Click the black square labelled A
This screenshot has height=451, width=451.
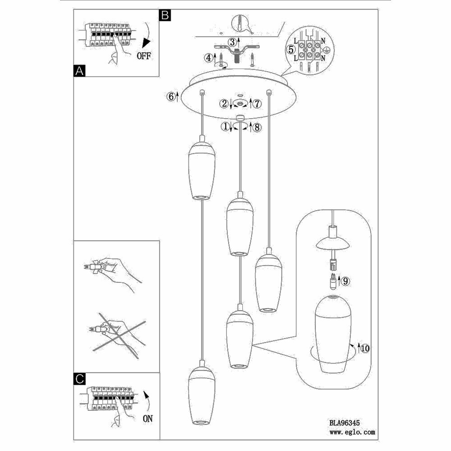pyautogui.click(x=79, y=71)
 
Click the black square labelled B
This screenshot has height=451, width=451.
pyautogui.click(x=165, y=15)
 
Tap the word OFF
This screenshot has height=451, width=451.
pyautogui.click(x=144, y=56)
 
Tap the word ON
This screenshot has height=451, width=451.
pyautogui.click(x=147, y=419)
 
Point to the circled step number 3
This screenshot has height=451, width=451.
pyautogui.click(x=232, y=42)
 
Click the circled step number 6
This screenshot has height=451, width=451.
pyautogui.click(x=170, y=96)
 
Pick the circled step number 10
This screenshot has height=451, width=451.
pyautogui.click(x=365, y=348)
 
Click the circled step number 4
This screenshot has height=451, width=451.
pyautogui.click(x=208, y=58)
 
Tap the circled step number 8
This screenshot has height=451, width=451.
pyautogui.click(x=257, y=127)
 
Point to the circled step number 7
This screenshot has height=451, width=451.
pyautogui.click(x=257, y=104)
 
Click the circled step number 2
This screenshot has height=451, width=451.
pyautogui.click(x=224, y=104)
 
